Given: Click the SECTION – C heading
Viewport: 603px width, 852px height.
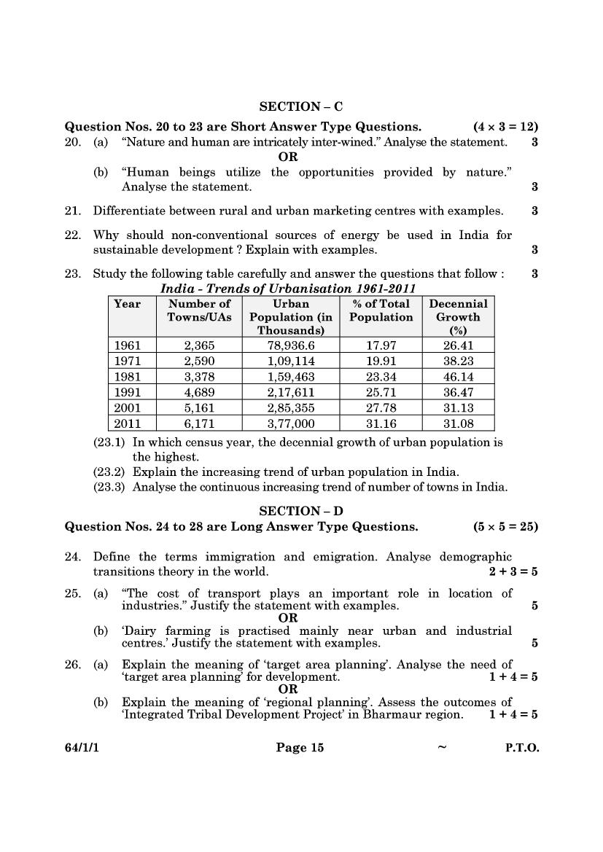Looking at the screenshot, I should [x=301, y=106].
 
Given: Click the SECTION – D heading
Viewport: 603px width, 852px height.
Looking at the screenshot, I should [x=301, y=511].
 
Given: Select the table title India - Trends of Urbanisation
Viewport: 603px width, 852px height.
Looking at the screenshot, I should [x=288, y=289].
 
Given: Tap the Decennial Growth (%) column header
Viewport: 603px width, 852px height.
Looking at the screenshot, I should [x=458, y=316].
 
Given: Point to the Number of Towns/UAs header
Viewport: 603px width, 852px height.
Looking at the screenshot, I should [x=199, y=310].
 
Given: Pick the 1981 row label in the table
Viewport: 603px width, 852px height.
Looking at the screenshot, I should [x=128, y=376].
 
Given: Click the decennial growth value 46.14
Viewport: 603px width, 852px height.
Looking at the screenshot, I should [x=458, y=376].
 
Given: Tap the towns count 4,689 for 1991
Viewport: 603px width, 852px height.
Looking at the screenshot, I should [x=199, y=392].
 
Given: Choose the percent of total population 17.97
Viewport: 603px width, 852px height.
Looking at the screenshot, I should [x=381, y=345].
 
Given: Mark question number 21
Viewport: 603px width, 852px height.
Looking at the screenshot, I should [x=72, y=211].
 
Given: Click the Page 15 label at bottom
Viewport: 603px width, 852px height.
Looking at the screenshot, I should [x=299, y=748].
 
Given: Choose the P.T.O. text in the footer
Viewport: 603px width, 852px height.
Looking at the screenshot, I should [x=522, y=748].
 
